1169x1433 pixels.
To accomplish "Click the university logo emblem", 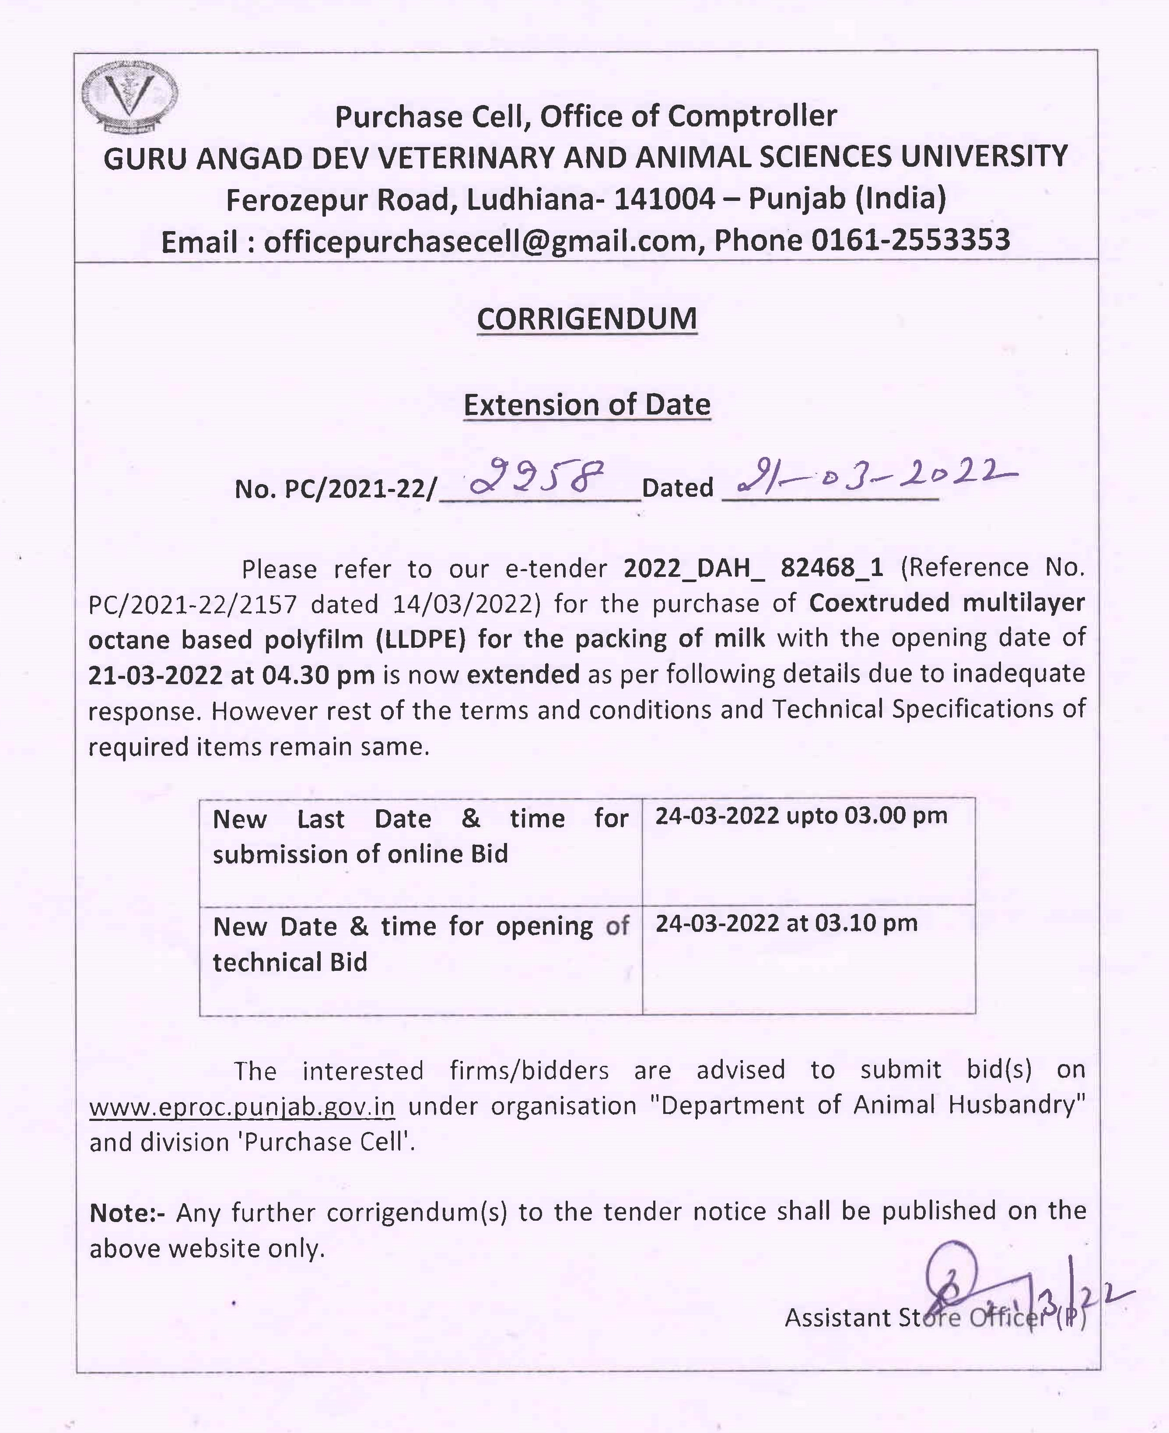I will (x=129, y=96).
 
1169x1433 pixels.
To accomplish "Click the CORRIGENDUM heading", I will (x=587, y=319).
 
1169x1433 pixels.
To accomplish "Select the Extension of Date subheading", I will (x=587, y=405).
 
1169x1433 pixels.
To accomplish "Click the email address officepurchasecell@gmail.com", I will (x=479, y=241).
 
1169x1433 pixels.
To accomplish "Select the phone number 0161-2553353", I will (x=910, y=241).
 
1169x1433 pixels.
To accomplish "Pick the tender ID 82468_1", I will (x=832, y=568).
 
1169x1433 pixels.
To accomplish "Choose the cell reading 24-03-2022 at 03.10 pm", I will (x=787, y=923).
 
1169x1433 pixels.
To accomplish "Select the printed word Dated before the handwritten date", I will (x=677, y=488).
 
